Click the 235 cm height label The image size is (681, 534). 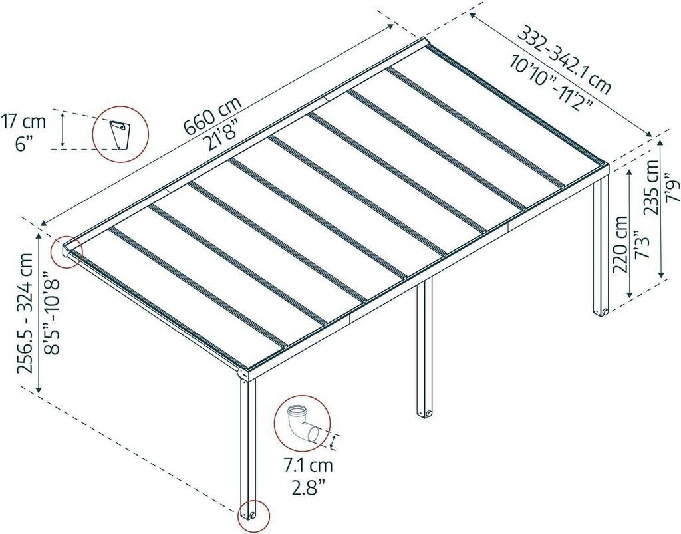click(652, 188)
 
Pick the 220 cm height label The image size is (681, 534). click(620, 244)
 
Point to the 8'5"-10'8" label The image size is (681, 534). click(53, 311)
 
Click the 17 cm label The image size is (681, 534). click(23, 122)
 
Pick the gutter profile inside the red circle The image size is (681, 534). click(120, 134)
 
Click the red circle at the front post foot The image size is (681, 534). click(253, 515)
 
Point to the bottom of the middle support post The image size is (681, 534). click(424, 414)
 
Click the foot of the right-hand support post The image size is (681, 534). click(601, 311)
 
